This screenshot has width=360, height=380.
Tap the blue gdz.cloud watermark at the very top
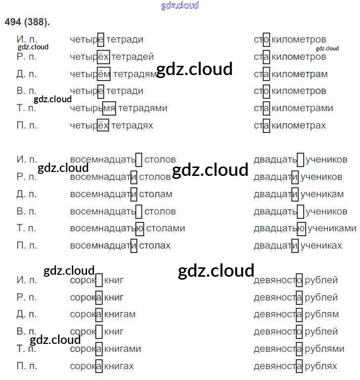pos(180,5)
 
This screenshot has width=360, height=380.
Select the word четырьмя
pos(93,108)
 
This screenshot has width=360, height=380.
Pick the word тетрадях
pos(132,126)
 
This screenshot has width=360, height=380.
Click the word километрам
pos(300,74)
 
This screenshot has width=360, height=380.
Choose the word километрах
pos(299,126)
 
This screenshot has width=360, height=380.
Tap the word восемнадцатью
pos(107,228)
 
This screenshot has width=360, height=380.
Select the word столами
pos(166,228)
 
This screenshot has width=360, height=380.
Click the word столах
pos(155,246)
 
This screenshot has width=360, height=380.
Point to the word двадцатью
pos(280,228)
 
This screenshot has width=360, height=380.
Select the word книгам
pos(120,314)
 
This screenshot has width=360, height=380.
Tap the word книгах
pos(120,366)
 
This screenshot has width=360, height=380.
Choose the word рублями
pos(324,349)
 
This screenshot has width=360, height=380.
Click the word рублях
pos(321,366)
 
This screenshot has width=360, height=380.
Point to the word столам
pos(156,194)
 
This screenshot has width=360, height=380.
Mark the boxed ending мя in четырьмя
pos(109,108)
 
